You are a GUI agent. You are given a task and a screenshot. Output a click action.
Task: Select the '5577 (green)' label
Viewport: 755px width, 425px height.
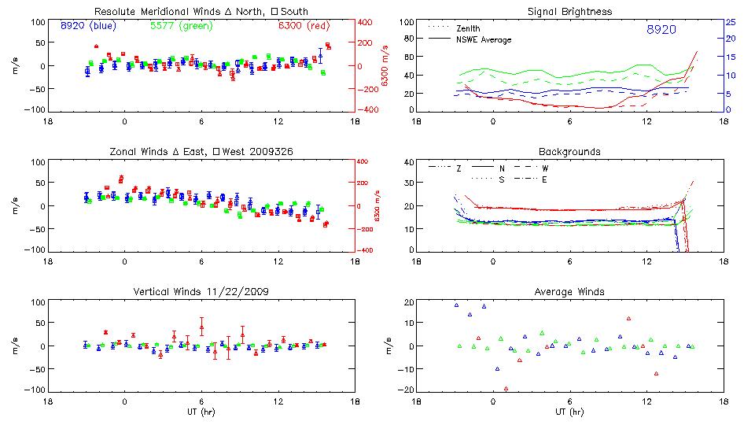pyautogui.click(x=180, y=25)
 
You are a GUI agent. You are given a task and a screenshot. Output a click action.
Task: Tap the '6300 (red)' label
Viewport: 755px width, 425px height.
pyautogui.click(x=303, y=25)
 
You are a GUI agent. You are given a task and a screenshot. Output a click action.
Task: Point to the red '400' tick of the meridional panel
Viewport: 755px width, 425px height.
pyautogui.click(x=366, y=22)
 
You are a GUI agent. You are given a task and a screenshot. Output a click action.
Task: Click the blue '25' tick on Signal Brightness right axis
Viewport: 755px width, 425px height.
pyautogui.click(x=730, y=22)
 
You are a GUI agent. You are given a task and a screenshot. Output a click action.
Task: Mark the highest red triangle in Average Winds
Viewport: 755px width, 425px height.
pyautogui.click(x=629, y=318)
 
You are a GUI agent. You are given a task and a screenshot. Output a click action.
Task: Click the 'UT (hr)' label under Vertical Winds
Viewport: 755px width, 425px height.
pyautogui.click(x=201, y=412)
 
